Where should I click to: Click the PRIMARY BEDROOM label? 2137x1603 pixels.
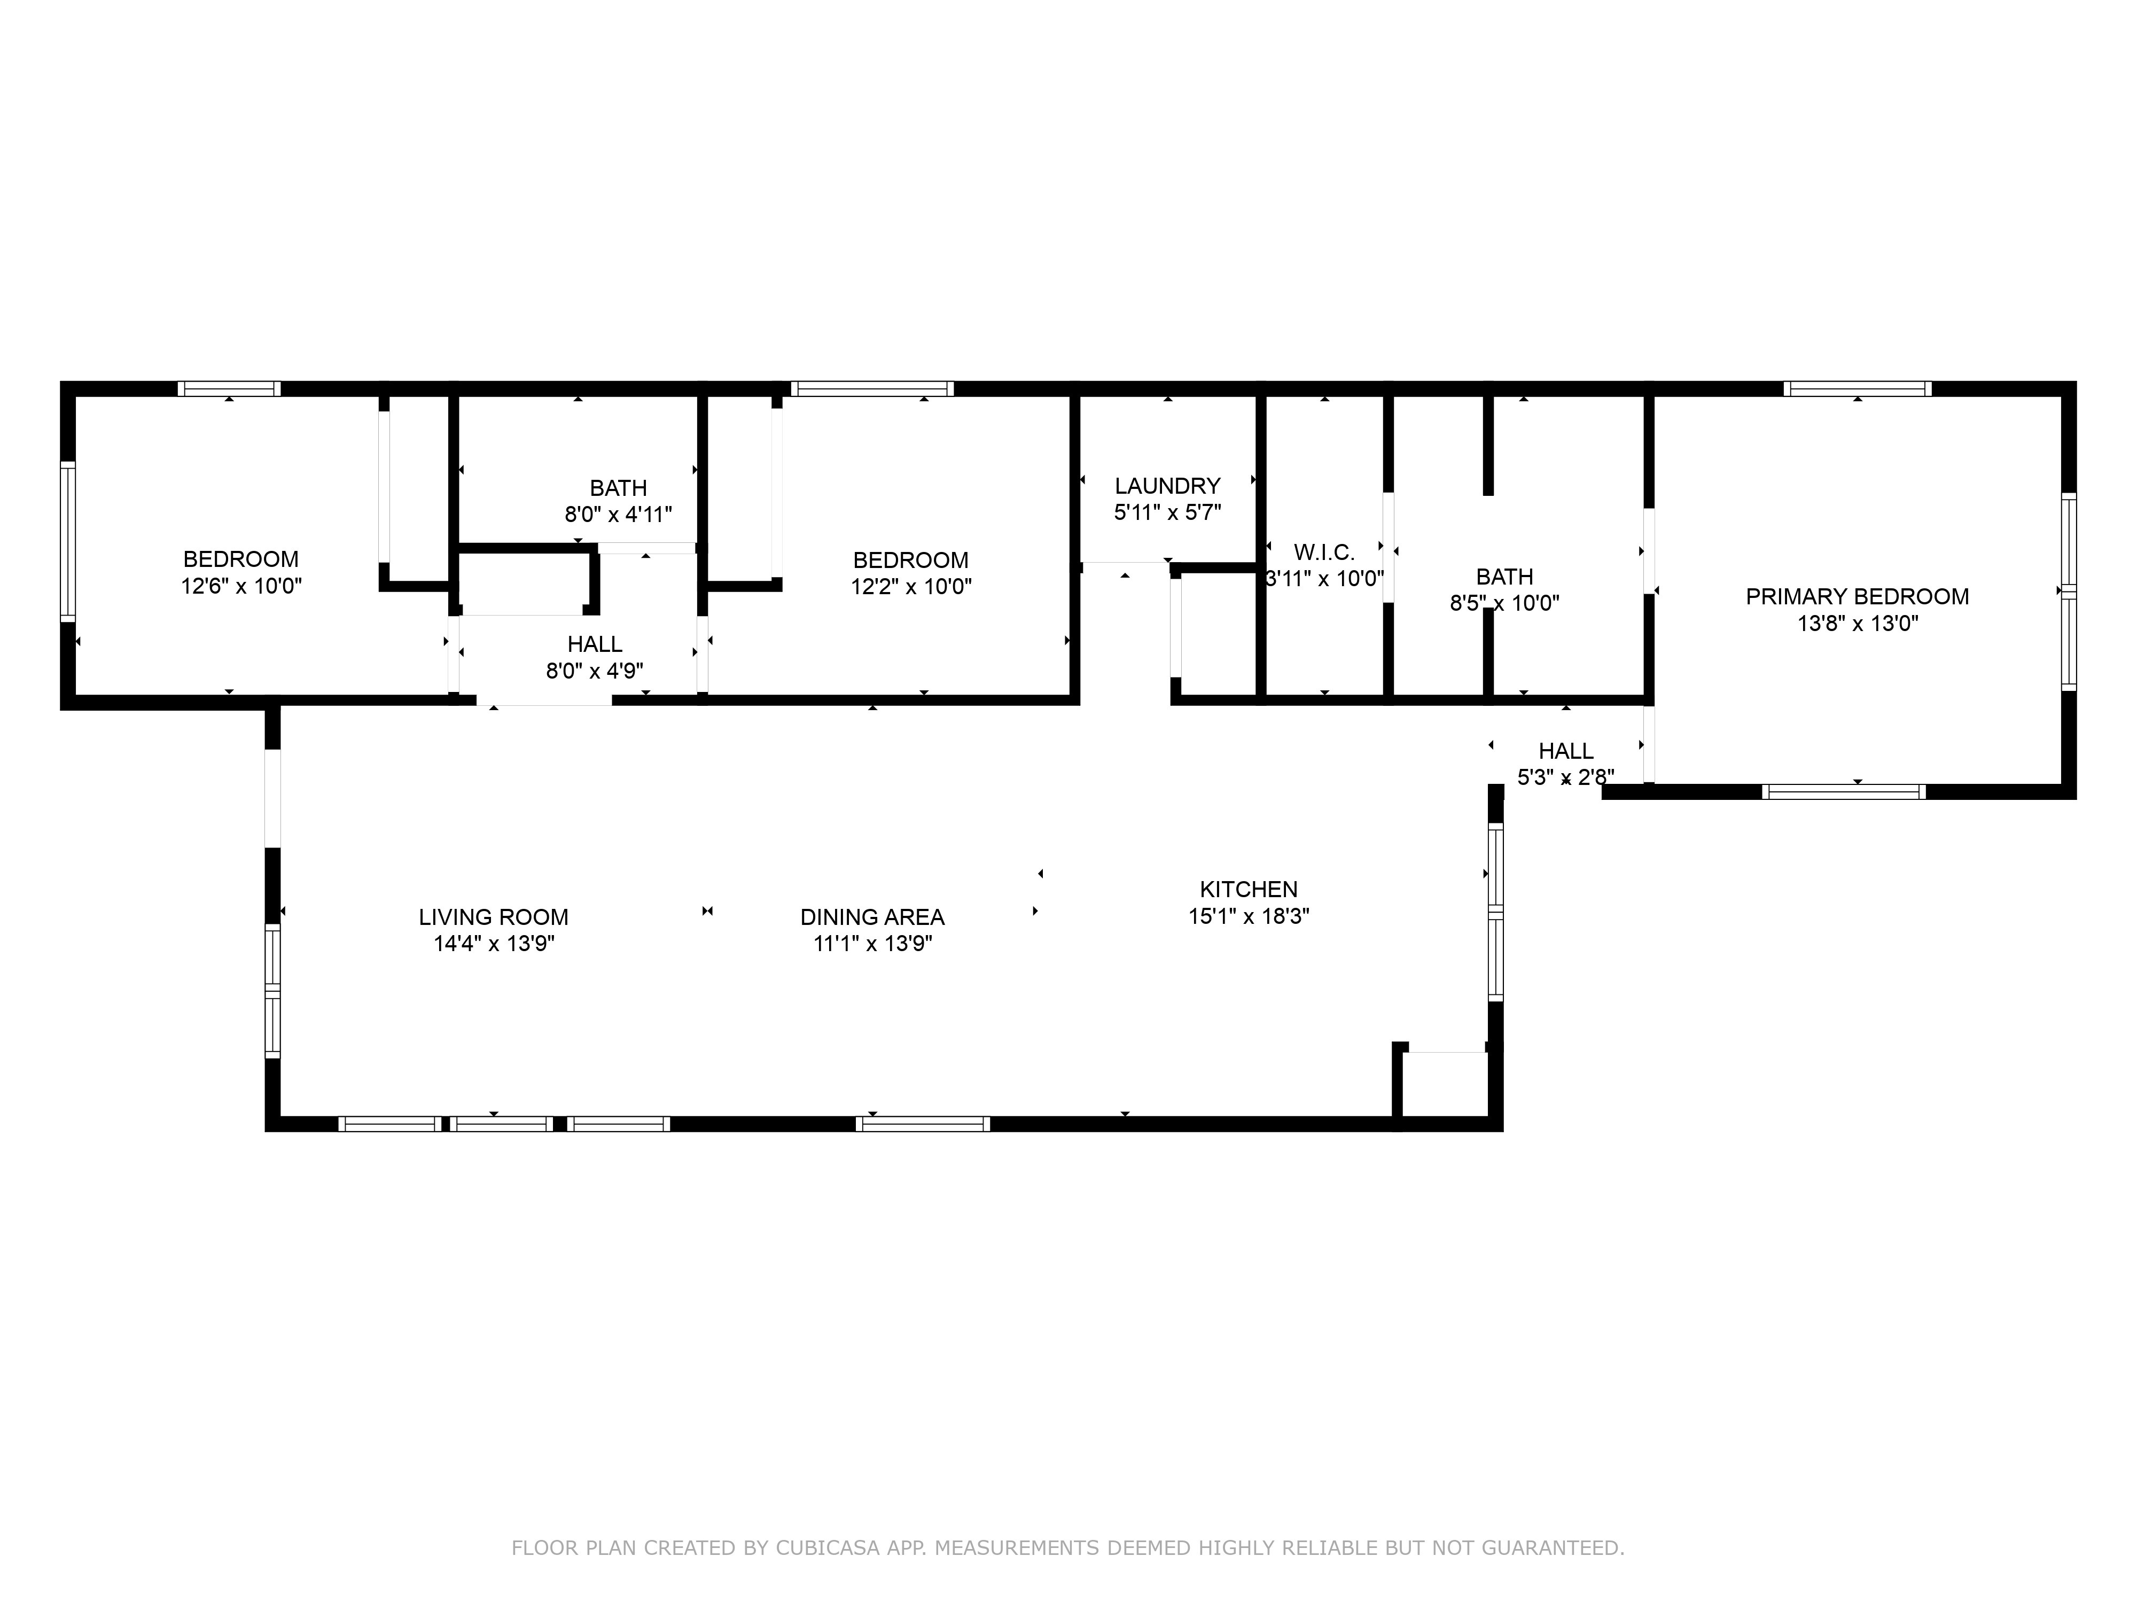(x=1857, y=597)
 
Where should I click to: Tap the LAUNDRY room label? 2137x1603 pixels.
(x=1167, y=486)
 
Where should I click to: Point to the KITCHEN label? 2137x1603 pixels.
(x=1248, y=889)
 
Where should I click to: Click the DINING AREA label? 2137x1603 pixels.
(x=872, y=917)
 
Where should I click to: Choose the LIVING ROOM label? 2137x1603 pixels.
(x=494, y=917)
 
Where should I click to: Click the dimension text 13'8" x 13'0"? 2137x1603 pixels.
(x=1857, y=623)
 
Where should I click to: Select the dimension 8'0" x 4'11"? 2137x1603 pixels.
(x=618, y=514)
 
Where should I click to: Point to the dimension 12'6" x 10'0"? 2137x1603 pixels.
(x=241, y=586)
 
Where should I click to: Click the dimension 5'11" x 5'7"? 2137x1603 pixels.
(x=1167, y=512)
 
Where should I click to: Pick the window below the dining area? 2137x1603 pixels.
(x=923, y=1124)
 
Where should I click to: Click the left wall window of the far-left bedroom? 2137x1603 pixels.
(x=68, y=541)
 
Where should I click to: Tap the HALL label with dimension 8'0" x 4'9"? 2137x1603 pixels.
(x=595, y=644)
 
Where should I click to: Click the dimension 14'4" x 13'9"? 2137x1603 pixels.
(x=494, y=944)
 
